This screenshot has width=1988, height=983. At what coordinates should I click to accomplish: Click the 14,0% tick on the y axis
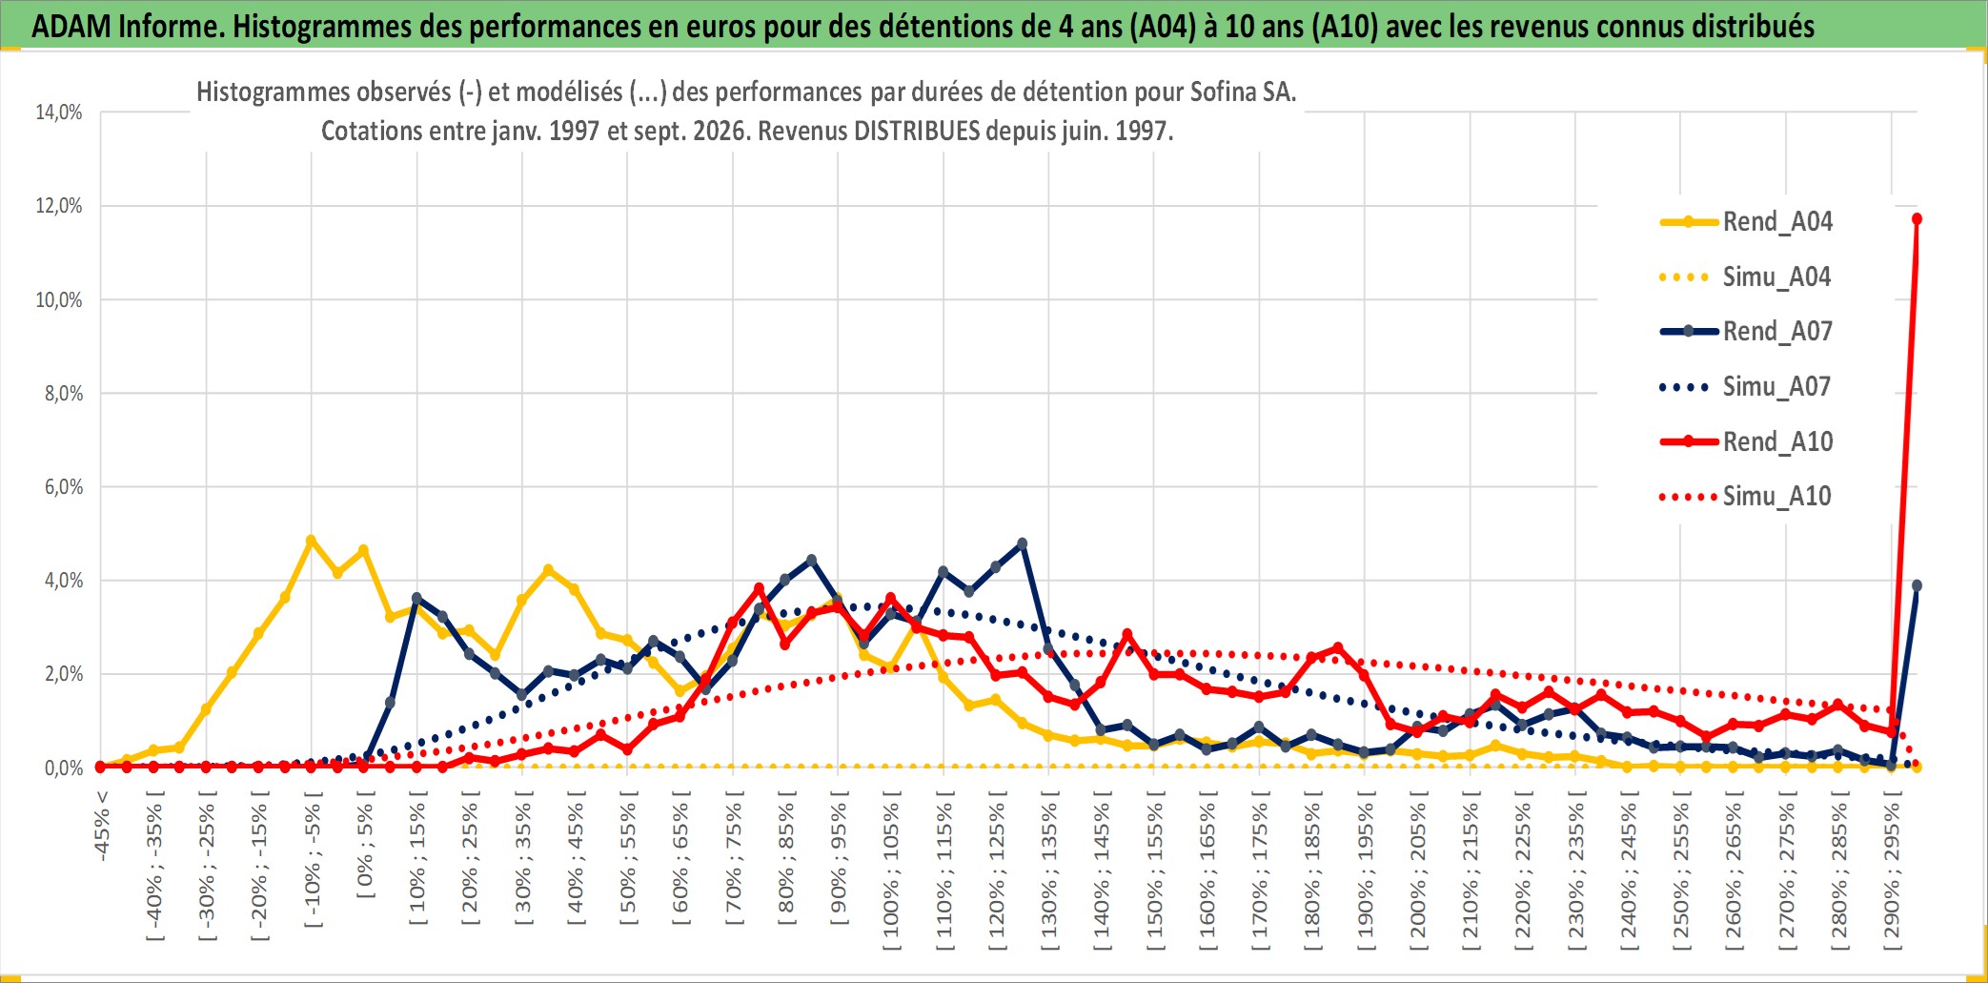[59, 113]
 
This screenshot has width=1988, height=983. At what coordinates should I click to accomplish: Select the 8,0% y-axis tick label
[64, 394]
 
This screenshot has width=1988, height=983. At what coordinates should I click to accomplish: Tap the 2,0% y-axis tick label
[64, 674]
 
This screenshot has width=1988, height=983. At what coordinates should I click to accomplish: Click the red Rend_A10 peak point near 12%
[1917, 219]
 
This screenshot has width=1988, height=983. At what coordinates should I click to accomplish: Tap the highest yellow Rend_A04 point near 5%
[311, 541]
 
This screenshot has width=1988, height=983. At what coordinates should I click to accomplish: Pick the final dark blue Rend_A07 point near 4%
[1917, 585]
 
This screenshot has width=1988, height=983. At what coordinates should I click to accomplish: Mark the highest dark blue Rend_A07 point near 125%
[1023, 543]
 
